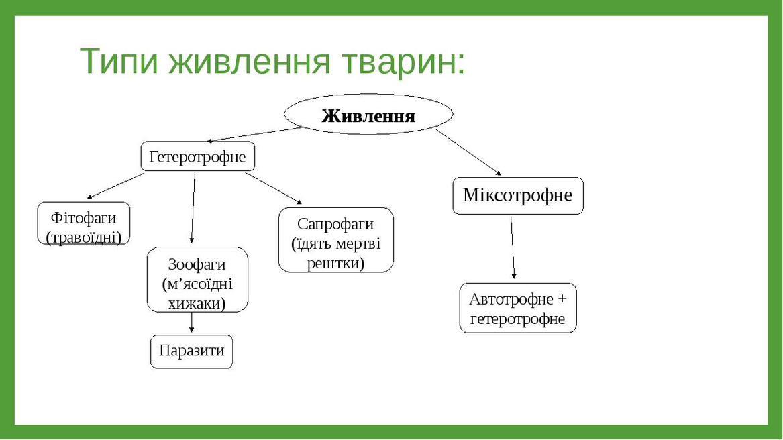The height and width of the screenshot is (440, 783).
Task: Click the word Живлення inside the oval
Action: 368,116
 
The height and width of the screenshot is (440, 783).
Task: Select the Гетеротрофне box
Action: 198,156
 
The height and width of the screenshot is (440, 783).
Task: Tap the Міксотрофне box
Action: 518,196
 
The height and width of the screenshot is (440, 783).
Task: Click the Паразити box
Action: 192,351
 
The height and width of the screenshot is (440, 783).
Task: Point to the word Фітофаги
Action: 83,218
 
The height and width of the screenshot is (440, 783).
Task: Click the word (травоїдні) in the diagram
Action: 84,237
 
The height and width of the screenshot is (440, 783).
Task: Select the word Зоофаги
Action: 197,264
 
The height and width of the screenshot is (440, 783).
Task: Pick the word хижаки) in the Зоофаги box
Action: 197,304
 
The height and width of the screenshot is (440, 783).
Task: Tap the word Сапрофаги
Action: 335,224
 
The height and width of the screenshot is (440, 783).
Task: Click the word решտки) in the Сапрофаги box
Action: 335,263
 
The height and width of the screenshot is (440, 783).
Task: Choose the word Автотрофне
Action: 511,299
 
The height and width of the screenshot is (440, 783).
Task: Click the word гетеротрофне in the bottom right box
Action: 518,319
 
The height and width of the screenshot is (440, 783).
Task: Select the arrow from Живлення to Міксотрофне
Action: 468,152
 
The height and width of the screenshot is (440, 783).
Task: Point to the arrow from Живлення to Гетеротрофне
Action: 255,135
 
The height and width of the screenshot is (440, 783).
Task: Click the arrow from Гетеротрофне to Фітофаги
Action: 115,186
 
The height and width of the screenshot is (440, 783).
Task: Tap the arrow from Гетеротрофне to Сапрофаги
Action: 274,188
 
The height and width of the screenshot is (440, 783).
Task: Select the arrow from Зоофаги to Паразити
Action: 191,323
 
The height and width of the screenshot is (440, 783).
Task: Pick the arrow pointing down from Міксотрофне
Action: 513,248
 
